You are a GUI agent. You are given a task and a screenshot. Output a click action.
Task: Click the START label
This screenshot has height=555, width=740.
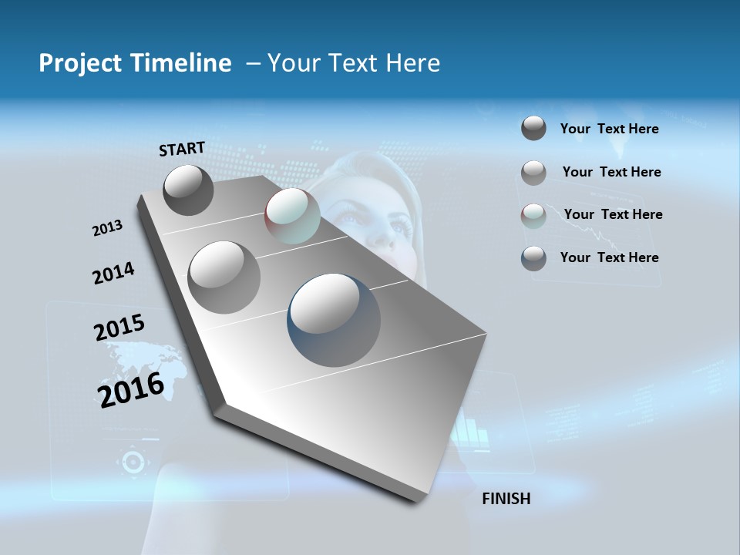coord(182,149)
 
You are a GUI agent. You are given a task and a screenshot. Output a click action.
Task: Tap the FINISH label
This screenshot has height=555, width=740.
coord(506,499)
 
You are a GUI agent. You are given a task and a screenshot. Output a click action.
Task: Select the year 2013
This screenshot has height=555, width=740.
coord(108,228)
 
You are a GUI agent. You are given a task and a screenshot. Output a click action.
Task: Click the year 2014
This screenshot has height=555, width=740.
coord(113,274)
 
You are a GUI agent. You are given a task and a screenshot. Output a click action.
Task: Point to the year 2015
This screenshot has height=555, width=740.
coord(119,328)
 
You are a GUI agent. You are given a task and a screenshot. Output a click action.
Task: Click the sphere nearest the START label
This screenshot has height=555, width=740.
coord(189,190)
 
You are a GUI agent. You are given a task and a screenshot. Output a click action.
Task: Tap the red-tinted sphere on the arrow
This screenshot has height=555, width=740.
coord(292,217)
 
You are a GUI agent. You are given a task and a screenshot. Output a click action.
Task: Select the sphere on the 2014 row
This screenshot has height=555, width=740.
coord(224,277)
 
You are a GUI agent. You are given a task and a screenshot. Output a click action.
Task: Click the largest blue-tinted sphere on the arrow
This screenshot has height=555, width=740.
coord(334,320)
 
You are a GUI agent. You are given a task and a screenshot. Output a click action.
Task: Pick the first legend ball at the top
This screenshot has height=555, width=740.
coord(533,128)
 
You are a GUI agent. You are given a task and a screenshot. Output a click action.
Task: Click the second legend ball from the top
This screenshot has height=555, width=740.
coord(533,173)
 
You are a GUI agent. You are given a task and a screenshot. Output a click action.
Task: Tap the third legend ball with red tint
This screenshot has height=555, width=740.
coord(533,216)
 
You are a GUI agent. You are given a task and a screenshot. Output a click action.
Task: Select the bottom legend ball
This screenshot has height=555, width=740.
coord(533,258)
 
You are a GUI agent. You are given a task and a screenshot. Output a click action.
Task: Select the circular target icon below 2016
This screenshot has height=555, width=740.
coord(133,462)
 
